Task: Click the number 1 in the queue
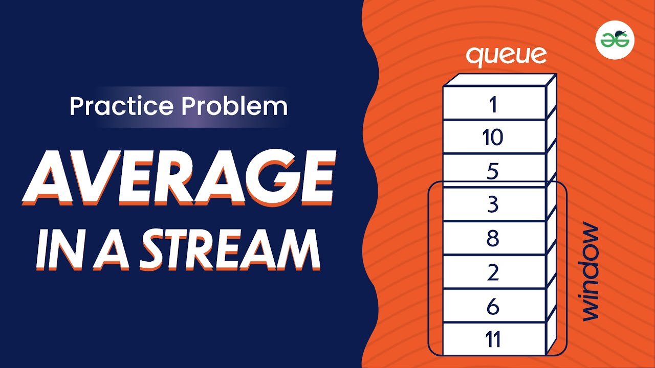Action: (x=493, y=104)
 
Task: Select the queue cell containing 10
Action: (x=493, y=137)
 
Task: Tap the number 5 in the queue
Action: (x=493, y=171)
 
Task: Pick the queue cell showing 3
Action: (x=493, y=204)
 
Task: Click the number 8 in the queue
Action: (x=493, y=238)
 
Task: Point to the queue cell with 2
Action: (x=493, y=272)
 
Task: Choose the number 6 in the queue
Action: (x=493, y=306)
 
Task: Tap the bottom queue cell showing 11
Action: (x=493, y=339)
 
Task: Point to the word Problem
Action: (x=234, y=106)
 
